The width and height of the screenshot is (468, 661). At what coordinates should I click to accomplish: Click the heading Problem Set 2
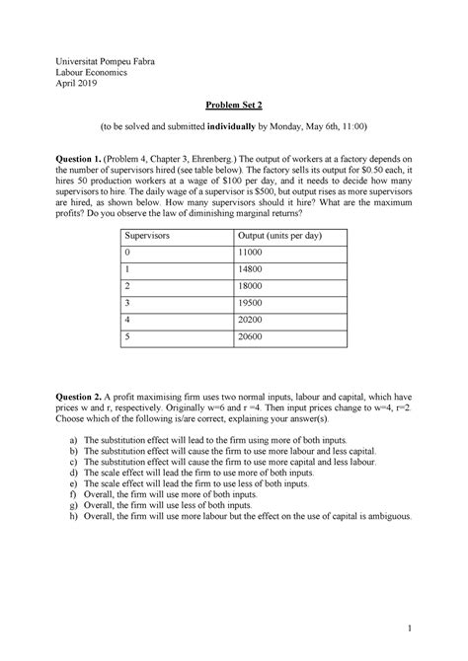tap(234, 104)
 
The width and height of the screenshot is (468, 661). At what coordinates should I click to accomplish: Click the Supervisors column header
tap(144, 237)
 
